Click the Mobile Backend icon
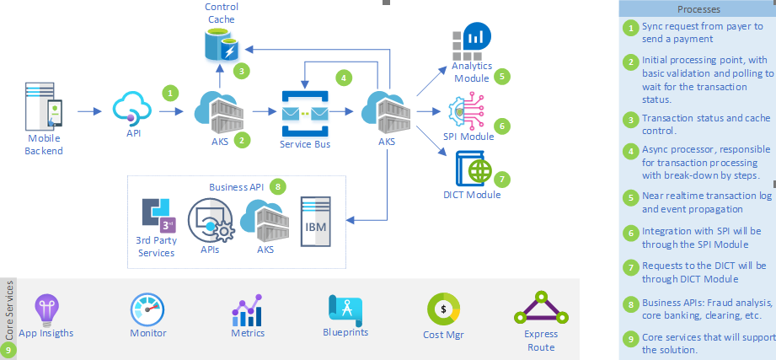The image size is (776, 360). click(45, 105)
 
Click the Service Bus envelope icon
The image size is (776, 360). click(304, 112)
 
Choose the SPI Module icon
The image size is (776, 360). click(468, 112)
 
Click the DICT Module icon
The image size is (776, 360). click(473, 169)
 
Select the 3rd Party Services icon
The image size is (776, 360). click(157, 216)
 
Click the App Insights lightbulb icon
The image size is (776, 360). click(45, 309)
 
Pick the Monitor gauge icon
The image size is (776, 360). click(147, 309)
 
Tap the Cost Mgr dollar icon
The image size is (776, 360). click(443, 309)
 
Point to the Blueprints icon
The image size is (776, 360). click(345, 309)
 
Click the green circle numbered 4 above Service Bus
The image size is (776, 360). click(343, 77)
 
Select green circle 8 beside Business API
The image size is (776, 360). click(280, 185)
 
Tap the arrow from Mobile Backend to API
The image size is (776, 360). click(89, 110)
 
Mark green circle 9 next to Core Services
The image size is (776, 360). click(9, 348)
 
